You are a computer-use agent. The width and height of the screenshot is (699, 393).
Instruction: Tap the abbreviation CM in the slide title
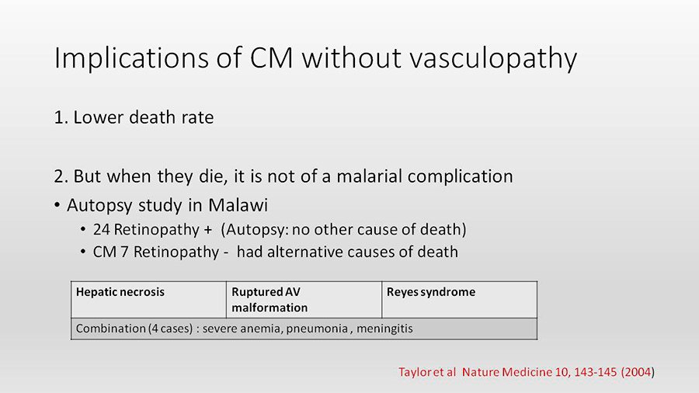click(271, 57)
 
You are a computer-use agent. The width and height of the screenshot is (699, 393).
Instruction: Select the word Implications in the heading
click(131, 59)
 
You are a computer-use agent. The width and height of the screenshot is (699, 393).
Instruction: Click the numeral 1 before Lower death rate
click(58, 117)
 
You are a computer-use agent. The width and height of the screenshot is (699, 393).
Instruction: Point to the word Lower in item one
click(99, 117)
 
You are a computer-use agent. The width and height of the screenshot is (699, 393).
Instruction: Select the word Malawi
click(238, 205)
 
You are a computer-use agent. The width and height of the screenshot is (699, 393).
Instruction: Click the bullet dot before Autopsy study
click(57, 205)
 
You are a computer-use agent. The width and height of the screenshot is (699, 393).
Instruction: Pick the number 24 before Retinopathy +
click(101, 230)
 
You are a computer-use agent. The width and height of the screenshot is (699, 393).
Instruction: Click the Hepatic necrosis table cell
click(148, 300)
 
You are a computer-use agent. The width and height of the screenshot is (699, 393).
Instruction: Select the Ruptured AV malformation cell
click(304, 300)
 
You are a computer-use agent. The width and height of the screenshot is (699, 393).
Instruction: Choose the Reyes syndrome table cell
click(459, 300)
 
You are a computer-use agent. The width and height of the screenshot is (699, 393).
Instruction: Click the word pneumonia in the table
click(317, 329)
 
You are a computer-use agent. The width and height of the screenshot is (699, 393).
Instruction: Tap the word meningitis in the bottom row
click(384, 329)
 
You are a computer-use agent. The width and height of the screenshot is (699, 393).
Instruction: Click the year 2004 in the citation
click(638, 372)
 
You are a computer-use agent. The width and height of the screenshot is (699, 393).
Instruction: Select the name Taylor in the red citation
click(414, 373)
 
